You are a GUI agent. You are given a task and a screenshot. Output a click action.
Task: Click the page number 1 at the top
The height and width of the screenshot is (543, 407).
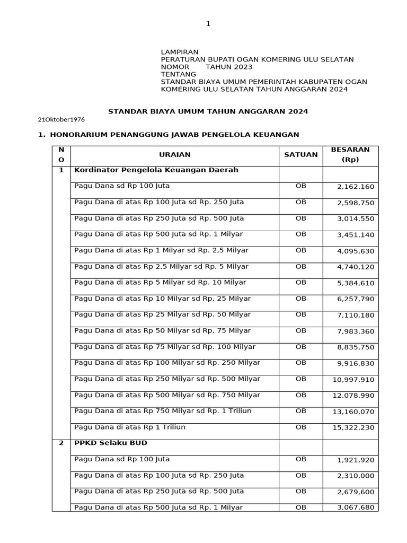pos(208,23)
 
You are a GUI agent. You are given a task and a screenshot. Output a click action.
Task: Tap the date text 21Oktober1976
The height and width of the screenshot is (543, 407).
pos(61,120)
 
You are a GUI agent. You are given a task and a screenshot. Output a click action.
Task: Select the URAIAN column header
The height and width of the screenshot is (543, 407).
pos(174,155)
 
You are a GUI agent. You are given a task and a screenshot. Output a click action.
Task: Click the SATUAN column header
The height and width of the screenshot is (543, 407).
pos(300,155)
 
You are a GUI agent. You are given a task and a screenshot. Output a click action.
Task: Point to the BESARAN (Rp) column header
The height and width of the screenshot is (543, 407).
pos(350,155)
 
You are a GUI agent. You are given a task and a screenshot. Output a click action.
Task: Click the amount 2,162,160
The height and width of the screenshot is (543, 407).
pos(355,187)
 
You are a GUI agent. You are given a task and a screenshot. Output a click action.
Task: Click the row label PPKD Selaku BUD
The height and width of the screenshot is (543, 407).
pos(111,443)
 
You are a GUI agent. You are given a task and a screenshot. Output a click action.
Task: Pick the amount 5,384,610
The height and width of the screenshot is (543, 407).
pos(355,283)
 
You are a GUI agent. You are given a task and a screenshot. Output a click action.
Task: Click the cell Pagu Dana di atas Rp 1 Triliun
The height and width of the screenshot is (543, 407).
pos(130,427)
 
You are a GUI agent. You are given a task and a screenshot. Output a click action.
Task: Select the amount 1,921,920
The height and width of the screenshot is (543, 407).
pos(355,460)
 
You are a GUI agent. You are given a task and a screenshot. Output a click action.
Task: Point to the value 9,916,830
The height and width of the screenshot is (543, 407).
pos(355,363)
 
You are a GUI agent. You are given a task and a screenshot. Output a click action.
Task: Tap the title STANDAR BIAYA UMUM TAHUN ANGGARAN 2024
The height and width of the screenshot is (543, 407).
pos(208,112)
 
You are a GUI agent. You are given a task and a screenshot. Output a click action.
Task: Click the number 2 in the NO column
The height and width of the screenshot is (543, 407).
pos(61,443)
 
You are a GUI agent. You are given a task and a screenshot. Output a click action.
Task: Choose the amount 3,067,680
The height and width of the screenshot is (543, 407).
pos(355,507)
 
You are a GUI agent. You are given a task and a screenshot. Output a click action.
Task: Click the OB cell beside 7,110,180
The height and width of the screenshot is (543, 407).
pos(300,315)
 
